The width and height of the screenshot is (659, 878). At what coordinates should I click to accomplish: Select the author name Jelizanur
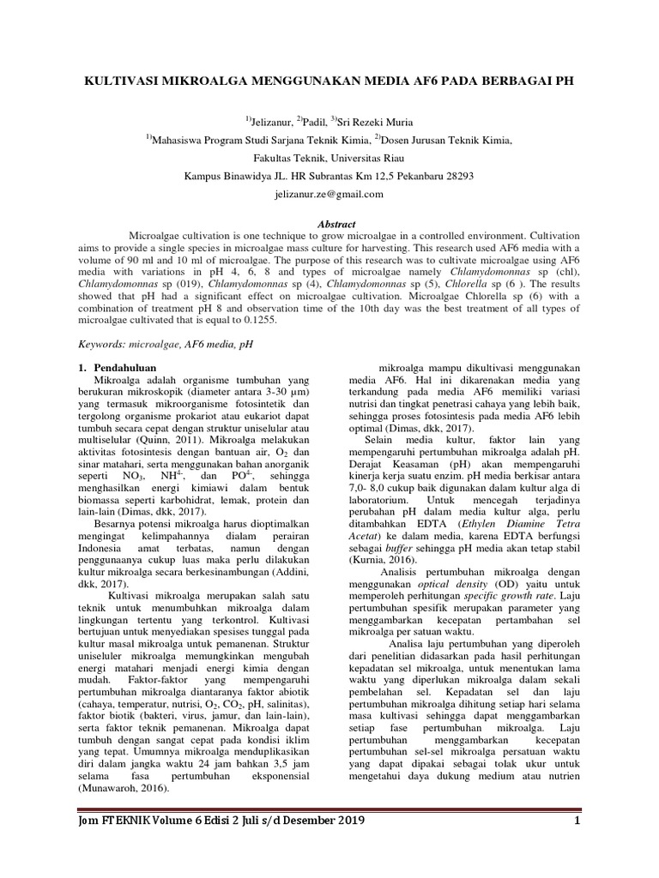[272, 122]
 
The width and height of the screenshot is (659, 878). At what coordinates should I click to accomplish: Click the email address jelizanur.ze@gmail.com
[329, 195]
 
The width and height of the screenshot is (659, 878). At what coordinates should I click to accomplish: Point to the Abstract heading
[336, 223]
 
